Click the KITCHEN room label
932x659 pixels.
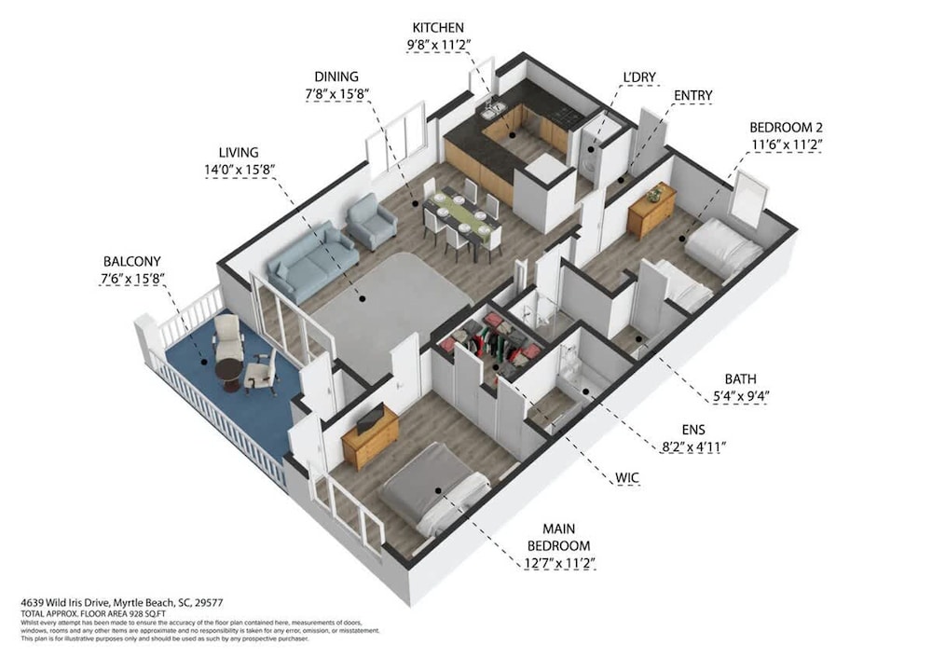click(438, 27)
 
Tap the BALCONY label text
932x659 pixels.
click(132, 262)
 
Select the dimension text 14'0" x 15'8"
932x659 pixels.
click(239, 170)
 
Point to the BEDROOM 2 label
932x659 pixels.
click(786, 127)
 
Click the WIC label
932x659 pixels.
click(627, 478)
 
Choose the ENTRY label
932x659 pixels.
click(693, 96)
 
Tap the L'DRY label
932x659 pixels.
click(639, 77)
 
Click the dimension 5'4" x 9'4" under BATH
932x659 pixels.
click(741, 396)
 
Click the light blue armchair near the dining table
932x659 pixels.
click(372, 221)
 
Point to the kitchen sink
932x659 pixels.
click(493, 111)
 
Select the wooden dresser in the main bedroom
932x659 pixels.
click(370, 437)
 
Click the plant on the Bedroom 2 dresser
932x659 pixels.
click(656, 192)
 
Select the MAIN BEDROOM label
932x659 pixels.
click(558, 537)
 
